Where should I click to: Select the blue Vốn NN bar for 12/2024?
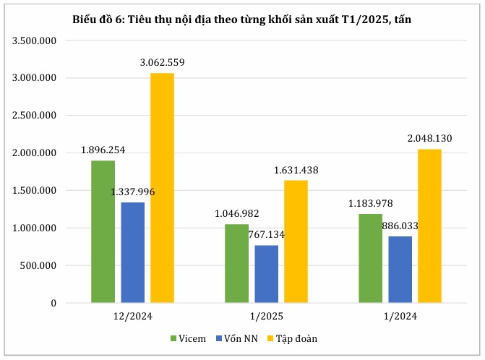[x=132, y=252]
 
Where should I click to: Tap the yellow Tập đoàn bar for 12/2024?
[x=162, y=188]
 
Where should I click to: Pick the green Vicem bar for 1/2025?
[x=236, y=263]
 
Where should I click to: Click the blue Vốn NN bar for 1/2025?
[x=266, y=274]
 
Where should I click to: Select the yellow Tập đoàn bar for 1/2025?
[x=296, y=241]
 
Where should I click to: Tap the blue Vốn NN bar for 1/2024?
[x=400, y=270]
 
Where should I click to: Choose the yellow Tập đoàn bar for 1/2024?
[x=429, y=226]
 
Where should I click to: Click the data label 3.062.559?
[x=162, y=62]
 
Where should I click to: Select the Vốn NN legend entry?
[x=239, y=338]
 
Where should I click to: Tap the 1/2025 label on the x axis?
[x=266, y=316]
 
